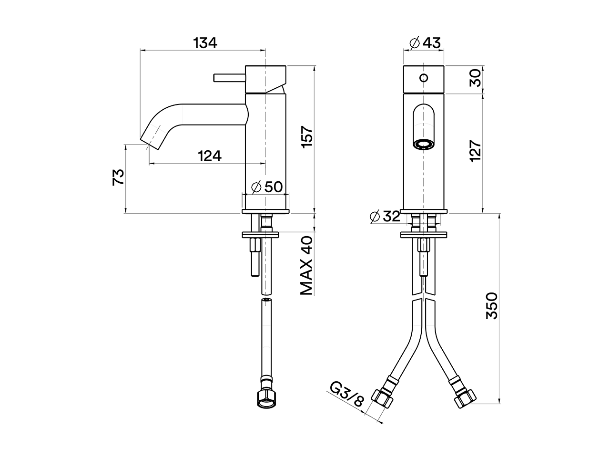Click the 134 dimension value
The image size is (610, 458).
[205, 43]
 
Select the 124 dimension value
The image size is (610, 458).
[209, 156]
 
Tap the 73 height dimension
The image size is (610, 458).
[119, 177]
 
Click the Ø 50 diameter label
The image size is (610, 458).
[266, 187]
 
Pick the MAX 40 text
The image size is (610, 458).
[306, 265]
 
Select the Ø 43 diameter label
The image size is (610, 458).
[425, 43]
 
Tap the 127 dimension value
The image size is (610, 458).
[475, 151]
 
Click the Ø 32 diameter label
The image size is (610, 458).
[385, 216]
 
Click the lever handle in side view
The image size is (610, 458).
[229, 78]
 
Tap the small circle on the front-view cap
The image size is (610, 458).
[424, 78]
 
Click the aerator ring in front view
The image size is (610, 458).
[424, 143]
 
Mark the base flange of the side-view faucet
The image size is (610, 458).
[265, 211]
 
